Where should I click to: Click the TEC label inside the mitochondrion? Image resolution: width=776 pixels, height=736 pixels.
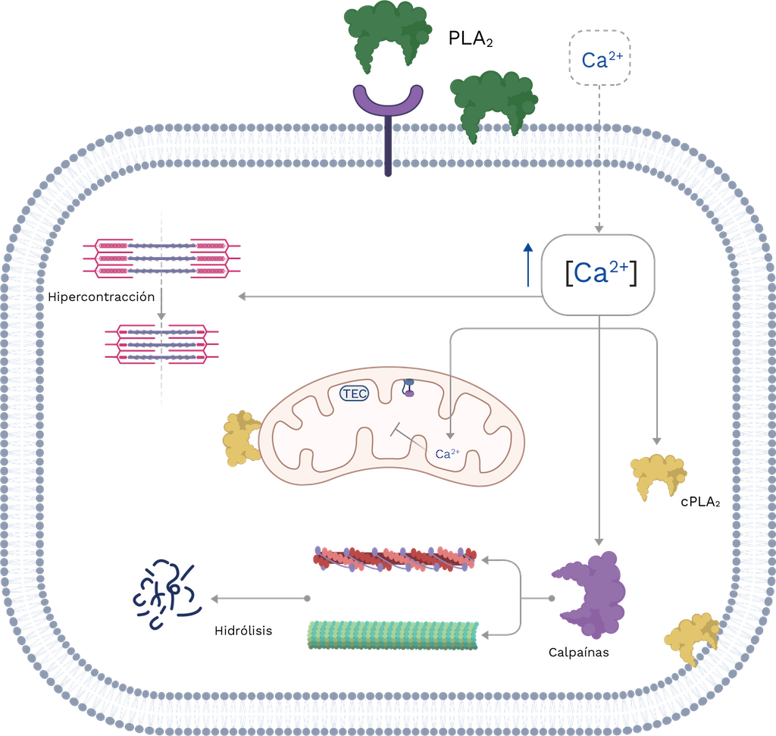[354, 393]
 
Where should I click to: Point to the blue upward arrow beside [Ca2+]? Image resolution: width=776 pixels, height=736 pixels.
[529, 265]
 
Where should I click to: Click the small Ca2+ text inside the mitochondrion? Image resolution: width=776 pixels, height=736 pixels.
[447, 455]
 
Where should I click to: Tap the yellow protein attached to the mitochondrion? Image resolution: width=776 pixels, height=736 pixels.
[240, 439]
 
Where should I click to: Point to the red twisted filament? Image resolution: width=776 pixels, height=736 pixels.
[394, 559]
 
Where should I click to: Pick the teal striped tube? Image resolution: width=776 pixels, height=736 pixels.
[393, 634]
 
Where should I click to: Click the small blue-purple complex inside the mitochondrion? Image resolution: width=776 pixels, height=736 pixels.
[408, 387]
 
